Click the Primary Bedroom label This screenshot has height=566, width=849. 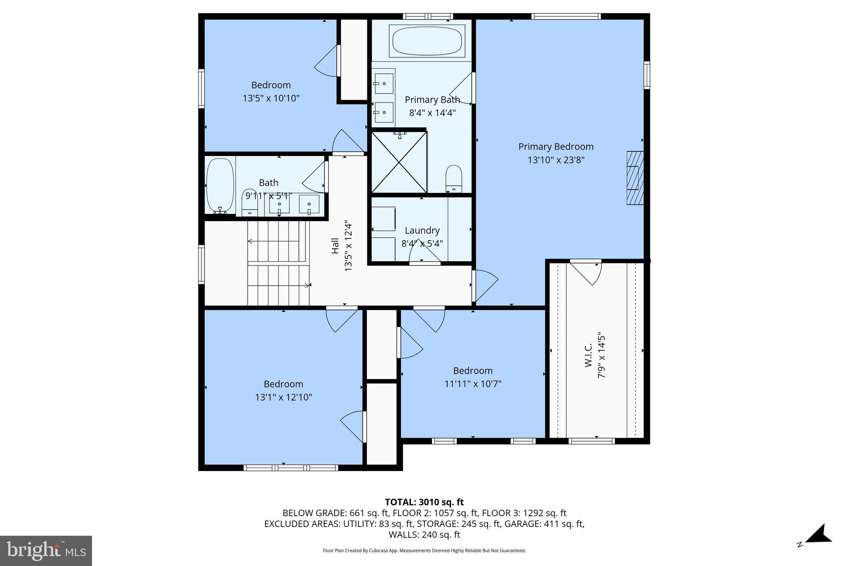pyautogui.click(x=555, y=147)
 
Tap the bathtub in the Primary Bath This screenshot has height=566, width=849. pyautogui.click(x=427, y=41)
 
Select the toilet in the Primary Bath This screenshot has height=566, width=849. pyautogui.click(x=454, y=178)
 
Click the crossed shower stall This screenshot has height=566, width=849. pyautogui.click(x=399, y=162)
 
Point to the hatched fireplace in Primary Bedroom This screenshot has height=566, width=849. pyautogui.click(x=635, y=177)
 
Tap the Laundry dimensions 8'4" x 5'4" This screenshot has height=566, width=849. pyautogui.click(x=422, y=243)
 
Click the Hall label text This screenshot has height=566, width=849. pyautogui.click(x=335, y=245)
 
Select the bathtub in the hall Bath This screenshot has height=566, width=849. pyautogui.click(x=220, y=185)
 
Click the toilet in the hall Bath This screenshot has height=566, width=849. pyautogui.click(x=250, y=203)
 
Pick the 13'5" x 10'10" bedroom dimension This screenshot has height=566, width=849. pyautogui.click(x=271, y=98)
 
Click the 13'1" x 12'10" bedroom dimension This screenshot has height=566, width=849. pyautogui.click(x=283, y=397)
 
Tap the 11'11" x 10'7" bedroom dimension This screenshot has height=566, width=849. pyautogui.click(x=473, y=384)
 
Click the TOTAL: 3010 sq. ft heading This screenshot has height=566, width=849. pyautogui.click(x=424, y=502)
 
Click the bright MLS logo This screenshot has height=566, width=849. pyautogui.click(x=46, y=551)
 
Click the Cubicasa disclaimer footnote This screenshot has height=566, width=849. pyautogui.click(x=424, y=551)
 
